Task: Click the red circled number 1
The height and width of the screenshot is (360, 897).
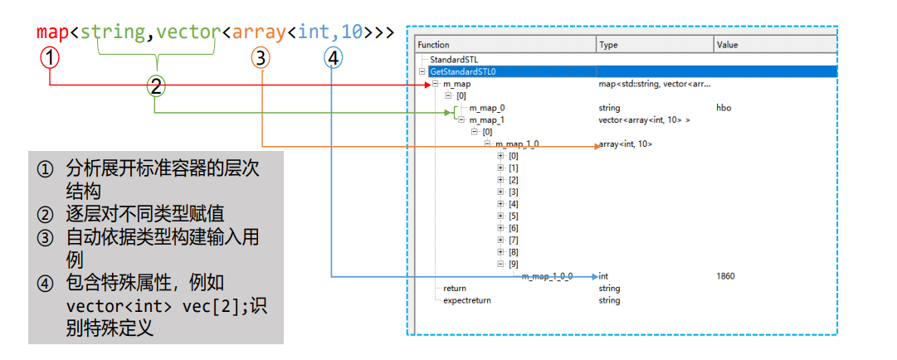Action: pyautogui.click(x=50, y=58)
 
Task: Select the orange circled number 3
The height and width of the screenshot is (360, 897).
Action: pyautogui.click(x=261, y=58)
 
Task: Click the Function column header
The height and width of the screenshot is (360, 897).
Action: pyautogui.click(x=434, y=45)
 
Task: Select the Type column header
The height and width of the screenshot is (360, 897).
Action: pyautogui.click(x=608, y=45)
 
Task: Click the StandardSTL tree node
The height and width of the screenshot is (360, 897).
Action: pyautogui.click(x=455, y=60)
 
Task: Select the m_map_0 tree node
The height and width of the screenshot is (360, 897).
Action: pyautogui.click(x=487, y=108)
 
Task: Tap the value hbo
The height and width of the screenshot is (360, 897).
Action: pyautogui.click(x=724, y=108)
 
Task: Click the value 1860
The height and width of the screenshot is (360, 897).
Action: pyautogui.click(x=725, y=276)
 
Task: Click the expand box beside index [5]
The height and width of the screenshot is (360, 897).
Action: pyautogui.click(x=500, y=216)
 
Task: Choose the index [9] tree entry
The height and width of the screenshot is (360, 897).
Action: pyautogui.click(x=513, y=264)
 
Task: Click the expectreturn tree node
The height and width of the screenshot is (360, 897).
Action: pyautogui.click(x=467, y=300)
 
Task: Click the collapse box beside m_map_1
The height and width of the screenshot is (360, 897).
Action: pyautogui.click(x=461, y=119)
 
